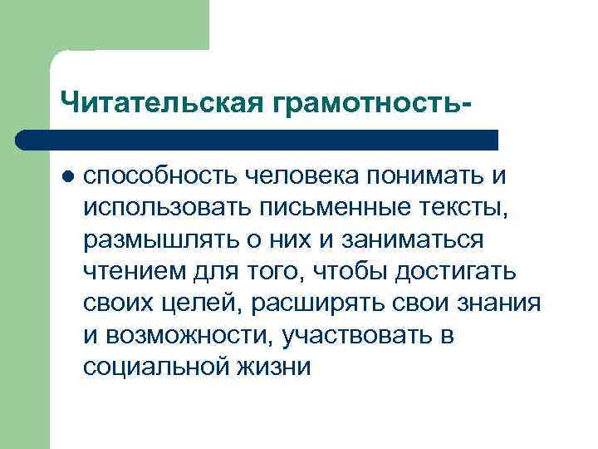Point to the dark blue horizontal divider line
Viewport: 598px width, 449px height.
click(x=257, y=139)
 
